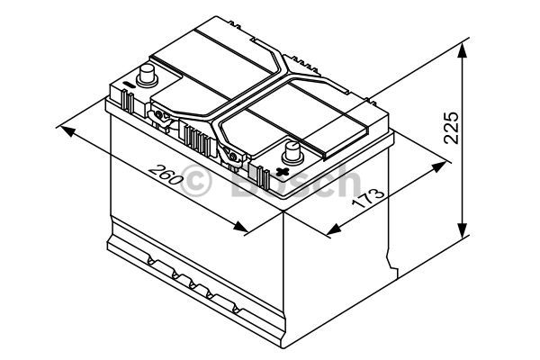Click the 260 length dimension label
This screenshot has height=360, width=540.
click(166, 175)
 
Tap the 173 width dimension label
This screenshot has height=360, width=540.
click(368, 199)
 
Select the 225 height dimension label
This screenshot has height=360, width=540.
click(452, 127)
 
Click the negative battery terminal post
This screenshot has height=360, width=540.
click(148, 76)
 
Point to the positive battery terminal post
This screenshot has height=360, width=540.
click(293, 153)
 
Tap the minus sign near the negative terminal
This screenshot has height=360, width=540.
click(128, 85)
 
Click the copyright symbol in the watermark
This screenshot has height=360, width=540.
click(196, 181)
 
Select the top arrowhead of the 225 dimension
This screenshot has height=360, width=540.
click(463, 50)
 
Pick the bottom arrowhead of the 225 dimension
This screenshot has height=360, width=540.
click(463, 230)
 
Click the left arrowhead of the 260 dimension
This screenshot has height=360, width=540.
click(67, 130)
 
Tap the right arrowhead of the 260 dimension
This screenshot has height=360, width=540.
click(240, 226)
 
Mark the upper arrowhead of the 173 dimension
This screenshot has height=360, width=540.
click(439, 166)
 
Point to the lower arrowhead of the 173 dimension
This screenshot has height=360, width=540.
click(333, 229)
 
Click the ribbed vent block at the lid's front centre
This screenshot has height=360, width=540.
click(197, 140)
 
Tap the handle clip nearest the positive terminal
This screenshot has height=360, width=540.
click(232, 157)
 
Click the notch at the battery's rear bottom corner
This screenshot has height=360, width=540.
click(391, 262)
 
